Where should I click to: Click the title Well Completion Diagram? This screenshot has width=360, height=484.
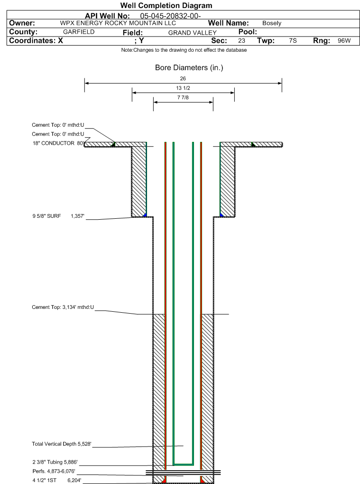click(x=166, y=6)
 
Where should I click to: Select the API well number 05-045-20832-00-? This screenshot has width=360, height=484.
click(x=171, y=16)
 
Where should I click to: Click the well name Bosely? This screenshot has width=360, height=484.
click(x=272, y=23)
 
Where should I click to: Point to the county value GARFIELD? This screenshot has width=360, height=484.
click(x=79, y=32)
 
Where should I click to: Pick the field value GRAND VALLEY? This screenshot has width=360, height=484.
click(x=192, y=33)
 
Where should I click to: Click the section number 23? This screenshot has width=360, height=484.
click(x=241, y=41)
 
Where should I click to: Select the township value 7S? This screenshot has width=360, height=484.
click(x=293, y=41)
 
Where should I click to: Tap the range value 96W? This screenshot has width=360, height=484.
click(x=344, y=41)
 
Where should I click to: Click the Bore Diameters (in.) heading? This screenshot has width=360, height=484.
click(x=189, y=68)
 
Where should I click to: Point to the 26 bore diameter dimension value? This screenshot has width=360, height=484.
click(x=183, y=78)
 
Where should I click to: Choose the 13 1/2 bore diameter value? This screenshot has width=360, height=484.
click(x=183, y=88)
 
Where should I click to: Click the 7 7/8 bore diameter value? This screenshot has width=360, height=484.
click(x=183, y=98)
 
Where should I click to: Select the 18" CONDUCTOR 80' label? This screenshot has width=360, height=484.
click(x=58, y=143)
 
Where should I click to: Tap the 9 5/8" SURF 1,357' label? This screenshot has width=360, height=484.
click(x=58, y=216)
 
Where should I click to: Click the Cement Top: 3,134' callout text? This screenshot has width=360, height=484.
click(x=63, y=307)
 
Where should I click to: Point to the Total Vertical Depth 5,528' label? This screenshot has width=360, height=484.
click(x=61, y=444)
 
